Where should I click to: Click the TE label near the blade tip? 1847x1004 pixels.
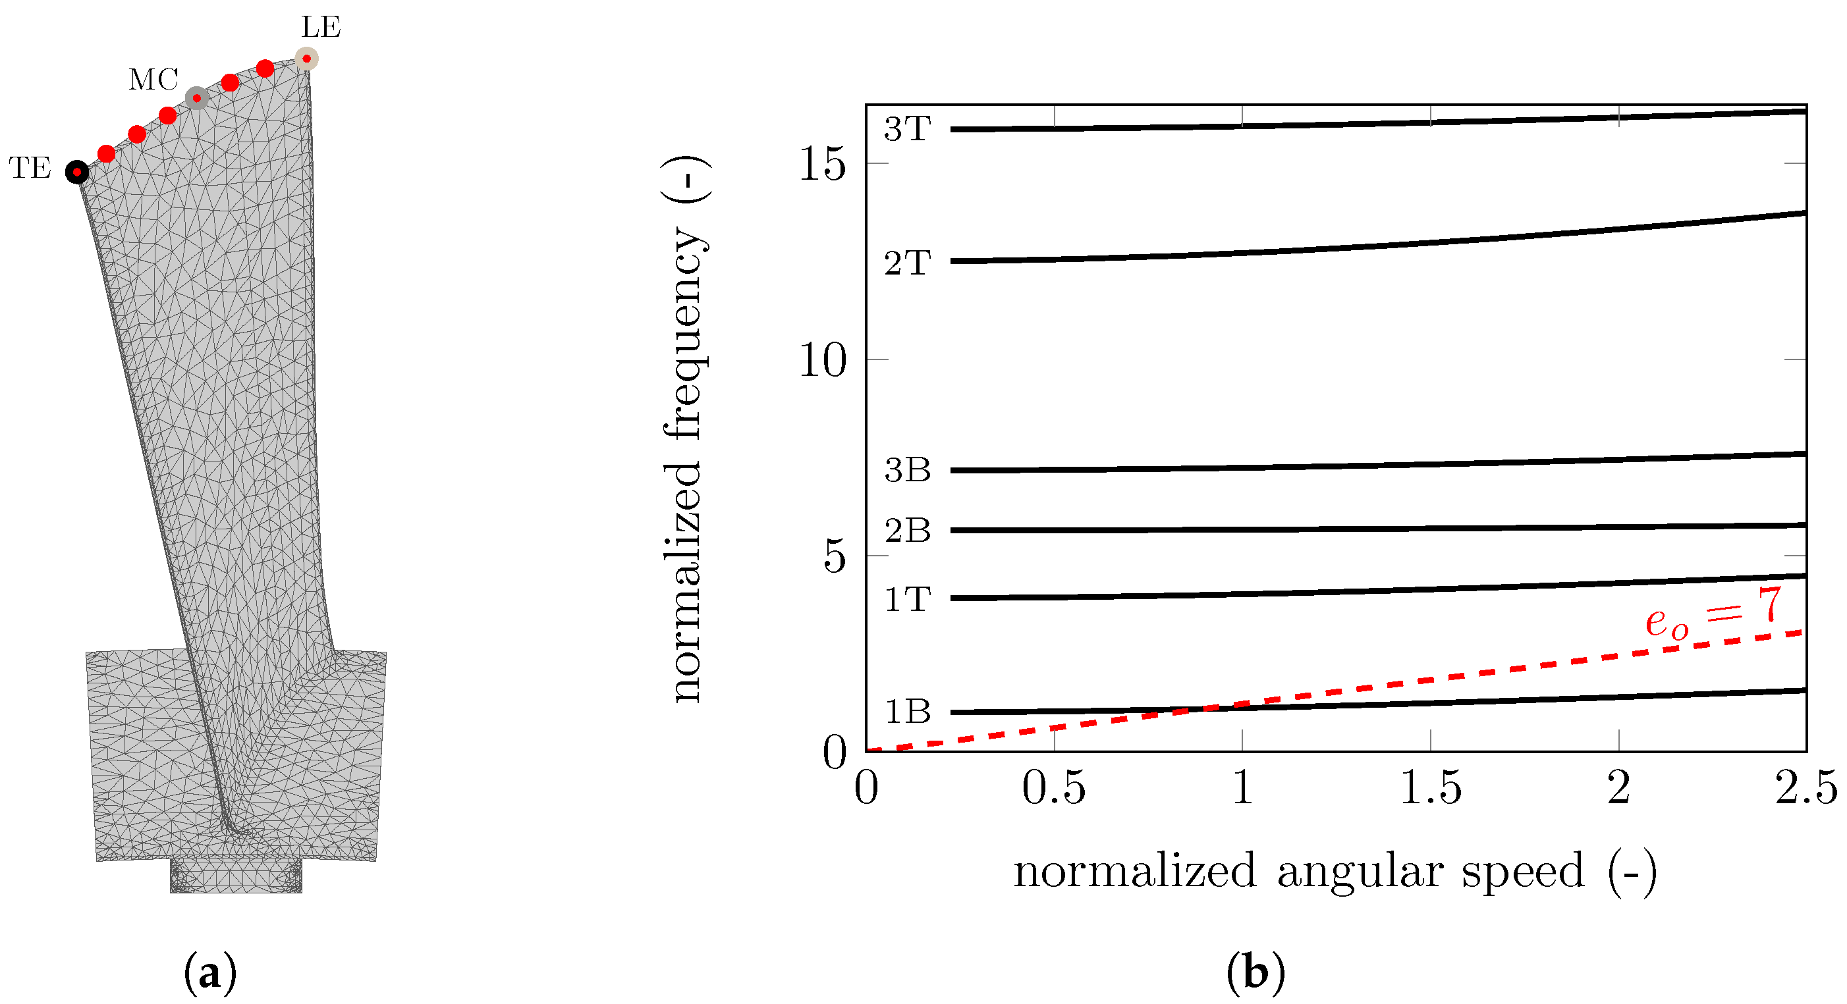click(x=30, y=169)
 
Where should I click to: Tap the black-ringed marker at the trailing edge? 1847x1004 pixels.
click(x=76, y=172)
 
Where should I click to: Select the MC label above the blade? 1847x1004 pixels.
click(x=153, y=80)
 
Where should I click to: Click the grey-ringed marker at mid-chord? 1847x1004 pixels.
click(x=196, y=98)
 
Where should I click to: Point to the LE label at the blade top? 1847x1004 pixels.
click(x=321, y=27)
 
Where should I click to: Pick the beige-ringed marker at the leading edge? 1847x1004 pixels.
click(x=307, y=59)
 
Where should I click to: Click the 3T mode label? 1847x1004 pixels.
click(x=907, y=129)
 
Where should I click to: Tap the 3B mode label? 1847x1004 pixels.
click(x=907, y=470)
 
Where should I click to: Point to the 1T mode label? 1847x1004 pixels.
click(x=907, y=599)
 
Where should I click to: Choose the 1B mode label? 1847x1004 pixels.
click(x=907, y=711)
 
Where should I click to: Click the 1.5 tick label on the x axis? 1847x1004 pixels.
click(x=1431, y=788)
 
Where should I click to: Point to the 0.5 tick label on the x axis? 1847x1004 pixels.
click(x=1053, y=788)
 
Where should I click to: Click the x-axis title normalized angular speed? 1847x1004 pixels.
click(x=1335, y=872)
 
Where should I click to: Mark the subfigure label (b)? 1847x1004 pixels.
click(x=1255, y=973)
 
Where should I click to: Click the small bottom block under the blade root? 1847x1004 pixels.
click(x=236, y=876)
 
